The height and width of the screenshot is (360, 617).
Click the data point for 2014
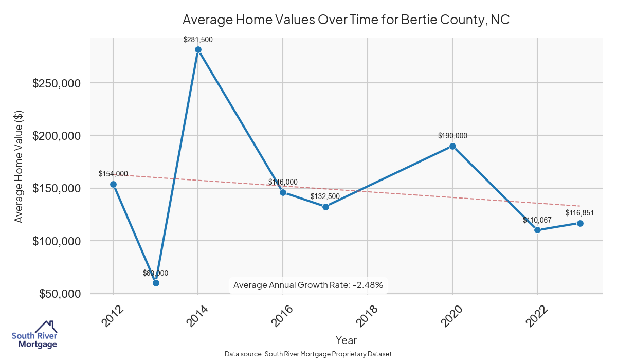point(198,50)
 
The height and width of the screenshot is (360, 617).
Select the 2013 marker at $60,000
point(156,283)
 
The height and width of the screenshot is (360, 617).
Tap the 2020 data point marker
point(452,146)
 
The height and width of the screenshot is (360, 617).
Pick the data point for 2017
point(325,207)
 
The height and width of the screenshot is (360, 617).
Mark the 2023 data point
point(580,223)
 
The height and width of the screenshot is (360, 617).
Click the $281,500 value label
point(198,39)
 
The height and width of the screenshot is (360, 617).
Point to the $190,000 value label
point(452,136)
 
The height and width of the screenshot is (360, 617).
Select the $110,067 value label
point(537,220)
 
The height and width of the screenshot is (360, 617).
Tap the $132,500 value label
point(325,196)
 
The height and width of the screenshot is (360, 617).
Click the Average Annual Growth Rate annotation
point(308,285)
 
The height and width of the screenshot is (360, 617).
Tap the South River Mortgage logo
point(34,335)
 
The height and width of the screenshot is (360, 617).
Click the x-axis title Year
point(346,340)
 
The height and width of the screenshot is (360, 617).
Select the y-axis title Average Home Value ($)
point(19,167)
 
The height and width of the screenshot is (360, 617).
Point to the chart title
point(346,20)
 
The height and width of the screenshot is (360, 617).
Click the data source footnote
point(308,354)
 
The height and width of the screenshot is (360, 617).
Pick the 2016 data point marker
point(283,192)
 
